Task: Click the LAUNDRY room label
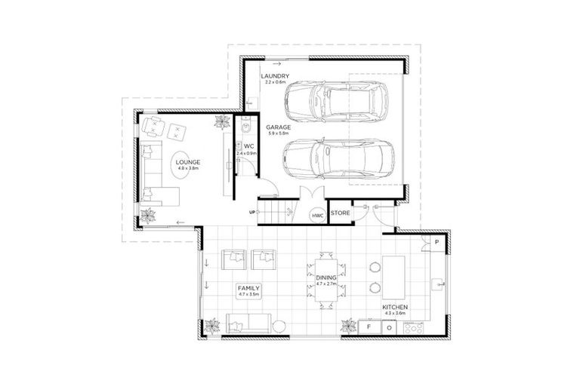point(272,77)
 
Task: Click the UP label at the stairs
point(251,212)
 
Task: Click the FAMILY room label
point(248,288)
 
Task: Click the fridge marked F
point(370,327)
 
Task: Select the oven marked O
point(389,327)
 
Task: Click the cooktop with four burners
point(414,327)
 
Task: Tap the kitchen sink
point(437,284)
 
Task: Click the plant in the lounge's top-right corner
point(221,122)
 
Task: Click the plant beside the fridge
point(348,326)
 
